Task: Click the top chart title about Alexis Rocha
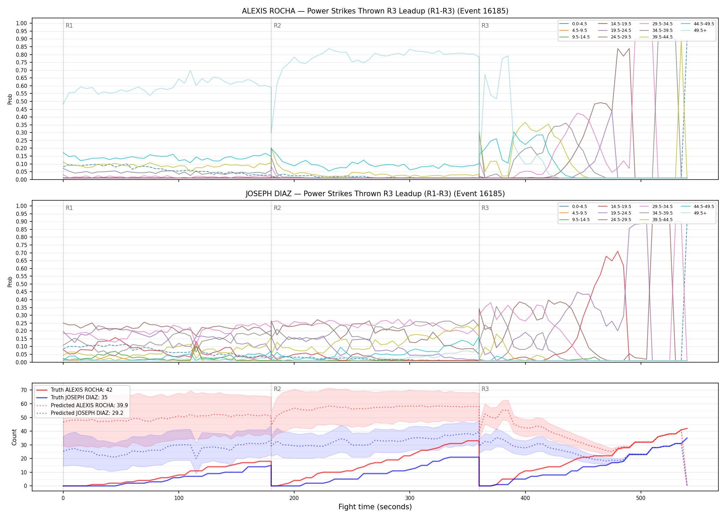[375, 11]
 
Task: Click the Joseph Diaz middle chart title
[375, 194]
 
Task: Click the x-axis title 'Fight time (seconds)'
[375, 507]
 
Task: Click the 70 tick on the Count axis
[24, 390]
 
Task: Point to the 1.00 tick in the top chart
[21, 24]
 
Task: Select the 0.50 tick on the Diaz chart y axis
[21, 284]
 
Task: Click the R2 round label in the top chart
[277, 26]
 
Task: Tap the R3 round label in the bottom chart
[485, 389]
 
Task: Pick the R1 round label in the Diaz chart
[69, 208]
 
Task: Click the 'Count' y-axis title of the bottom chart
[14, 437]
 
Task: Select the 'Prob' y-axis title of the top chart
[10, 99]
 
